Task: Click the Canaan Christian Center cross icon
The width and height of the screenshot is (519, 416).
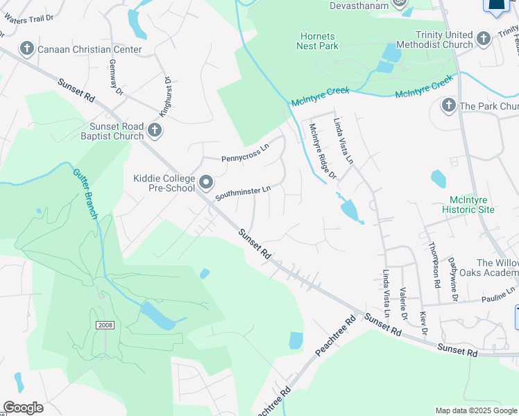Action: coord(27,49)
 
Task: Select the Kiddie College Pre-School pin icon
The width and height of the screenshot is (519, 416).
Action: coord(206,183)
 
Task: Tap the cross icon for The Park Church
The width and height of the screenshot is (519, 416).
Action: coord(448,106)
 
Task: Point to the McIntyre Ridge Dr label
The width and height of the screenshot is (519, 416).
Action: coord(322,151)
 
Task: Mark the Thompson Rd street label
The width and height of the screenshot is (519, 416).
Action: coord(434,264)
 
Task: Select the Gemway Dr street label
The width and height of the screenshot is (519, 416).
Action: coord(115,77)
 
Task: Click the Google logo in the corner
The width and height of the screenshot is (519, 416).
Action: coord(24,408)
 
